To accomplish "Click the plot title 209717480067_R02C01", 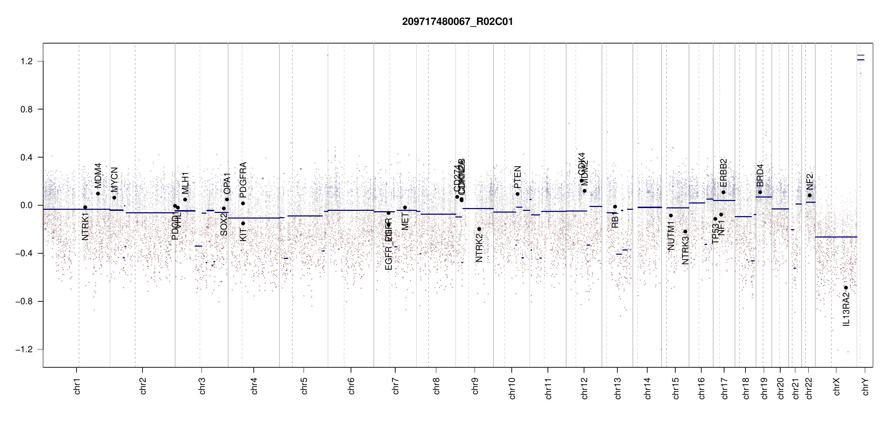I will click(457, 22).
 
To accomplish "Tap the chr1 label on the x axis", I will click(77, 386).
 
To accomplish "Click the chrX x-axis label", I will click(837, 387).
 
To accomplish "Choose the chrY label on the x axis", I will click(866, 387).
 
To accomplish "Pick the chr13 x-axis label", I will click(618, 388).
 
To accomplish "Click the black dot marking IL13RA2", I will click(846, 288).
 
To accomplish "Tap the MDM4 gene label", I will click(98, 175).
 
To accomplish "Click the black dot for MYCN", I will click(114, 198).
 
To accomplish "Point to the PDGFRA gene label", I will click(243, 180).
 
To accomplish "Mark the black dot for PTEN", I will click(517, 194).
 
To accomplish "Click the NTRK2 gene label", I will click(479, 248).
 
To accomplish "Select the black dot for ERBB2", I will click(723, 192).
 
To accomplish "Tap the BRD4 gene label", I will click(760, 175).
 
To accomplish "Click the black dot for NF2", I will click(810, 195).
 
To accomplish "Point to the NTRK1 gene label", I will click(85, 226).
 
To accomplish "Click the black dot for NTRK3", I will click(685, 232).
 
